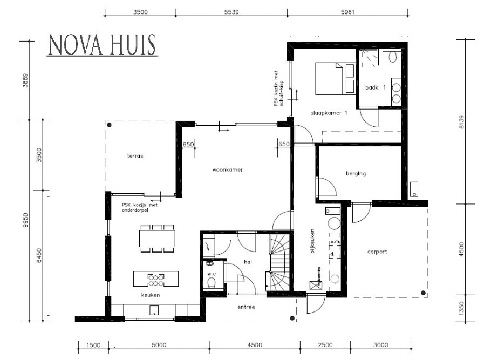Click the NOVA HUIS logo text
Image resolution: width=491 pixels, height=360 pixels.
click(102, 45)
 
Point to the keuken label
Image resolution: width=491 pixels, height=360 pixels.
click(150, 295)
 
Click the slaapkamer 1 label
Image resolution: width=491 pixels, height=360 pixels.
click(329, 113)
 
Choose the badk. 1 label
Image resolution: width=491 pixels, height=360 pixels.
click(375, 87)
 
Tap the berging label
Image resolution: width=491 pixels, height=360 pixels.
click(356, 173)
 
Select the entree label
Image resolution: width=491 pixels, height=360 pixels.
click(246, 307)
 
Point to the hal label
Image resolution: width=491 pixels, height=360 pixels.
click(248, 261)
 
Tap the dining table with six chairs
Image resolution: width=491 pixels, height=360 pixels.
click(157, 238)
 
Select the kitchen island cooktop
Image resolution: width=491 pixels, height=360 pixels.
click(156, 280)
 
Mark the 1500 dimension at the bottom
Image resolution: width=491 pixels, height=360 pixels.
click(93, 345)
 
